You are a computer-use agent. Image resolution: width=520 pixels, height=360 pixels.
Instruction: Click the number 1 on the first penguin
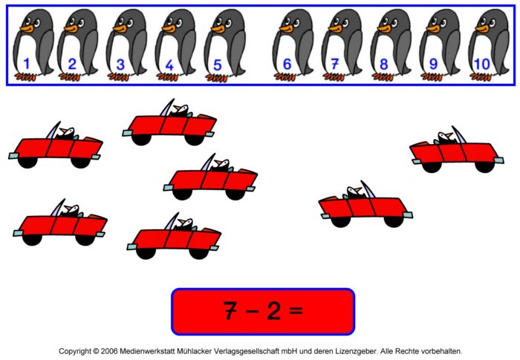coord(27,64)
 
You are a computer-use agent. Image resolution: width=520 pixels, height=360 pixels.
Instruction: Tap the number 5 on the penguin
coord(217,65)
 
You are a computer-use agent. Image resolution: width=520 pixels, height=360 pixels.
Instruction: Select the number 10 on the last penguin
coord(481,65)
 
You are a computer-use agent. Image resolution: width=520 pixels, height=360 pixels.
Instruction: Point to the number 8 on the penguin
coord(384,65)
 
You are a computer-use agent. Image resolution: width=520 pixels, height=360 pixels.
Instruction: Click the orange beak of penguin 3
coord(120,28)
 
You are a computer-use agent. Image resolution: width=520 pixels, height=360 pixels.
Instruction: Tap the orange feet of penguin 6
coord(285,77)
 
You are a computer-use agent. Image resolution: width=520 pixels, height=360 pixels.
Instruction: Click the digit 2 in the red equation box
coord(274,310)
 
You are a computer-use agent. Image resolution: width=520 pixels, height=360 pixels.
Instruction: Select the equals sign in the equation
coord(296,311)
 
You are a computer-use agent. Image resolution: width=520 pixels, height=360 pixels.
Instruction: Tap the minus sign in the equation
coord(253,311)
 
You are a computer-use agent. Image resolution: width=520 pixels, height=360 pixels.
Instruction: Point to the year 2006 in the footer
coord(109,350)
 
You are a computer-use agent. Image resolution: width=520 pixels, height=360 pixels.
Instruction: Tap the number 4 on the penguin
coord(169,65)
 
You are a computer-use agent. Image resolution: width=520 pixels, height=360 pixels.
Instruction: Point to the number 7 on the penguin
coord(334,65)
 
